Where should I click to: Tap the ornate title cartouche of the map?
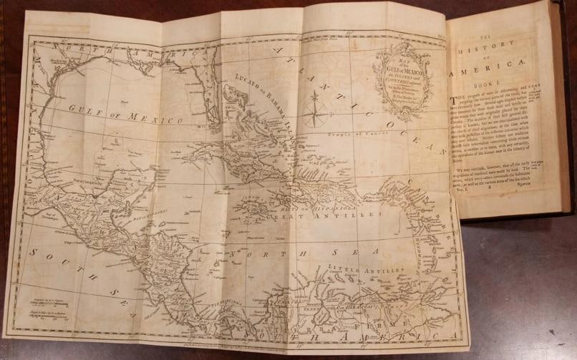[402, 79]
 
